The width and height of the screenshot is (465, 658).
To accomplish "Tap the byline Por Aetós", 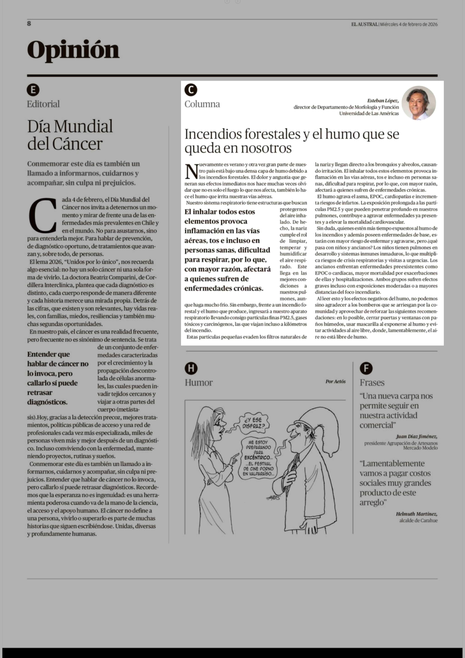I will pos(335,381).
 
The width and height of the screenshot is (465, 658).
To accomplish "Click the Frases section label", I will pos(372,383).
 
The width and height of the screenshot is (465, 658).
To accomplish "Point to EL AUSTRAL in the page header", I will pos(365,24).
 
